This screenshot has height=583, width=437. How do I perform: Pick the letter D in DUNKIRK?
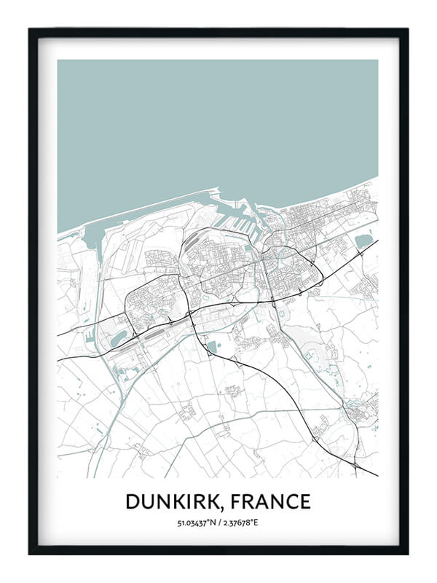[133, 502]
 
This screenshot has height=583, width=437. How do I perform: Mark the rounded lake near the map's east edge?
[363, 240]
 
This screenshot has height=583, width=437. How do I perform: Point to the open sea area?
[219, 124]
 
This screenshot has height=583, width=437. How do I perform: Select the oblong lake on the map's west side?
[118, 337]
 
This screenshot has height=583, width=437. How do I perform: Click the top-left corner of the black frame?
[30, 29]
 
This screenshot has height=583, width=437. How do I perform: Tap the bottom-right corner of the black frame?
[407, 553]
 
